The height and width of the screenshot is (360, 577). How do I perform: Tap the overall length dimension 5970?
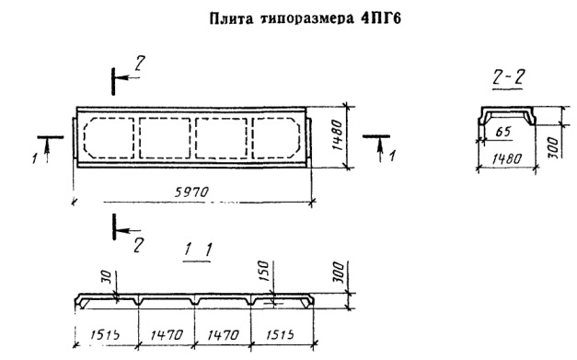[191, 192]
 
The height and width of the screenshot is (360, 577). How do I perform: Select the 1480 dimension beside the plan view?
[337, 135]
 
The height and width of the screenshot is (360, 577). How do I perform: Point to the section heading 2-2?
[508, 76]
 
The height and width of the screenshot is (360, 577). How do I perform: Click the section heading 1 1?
[198, 250]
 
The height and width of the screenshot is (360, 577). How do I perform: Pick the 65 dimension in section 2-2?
[503, 132]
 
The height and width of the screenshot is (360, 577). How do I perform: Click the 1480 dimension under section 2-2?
[507, 158]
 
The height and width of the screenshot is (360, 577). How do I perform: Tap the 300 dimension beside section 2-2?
[555, 148]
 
